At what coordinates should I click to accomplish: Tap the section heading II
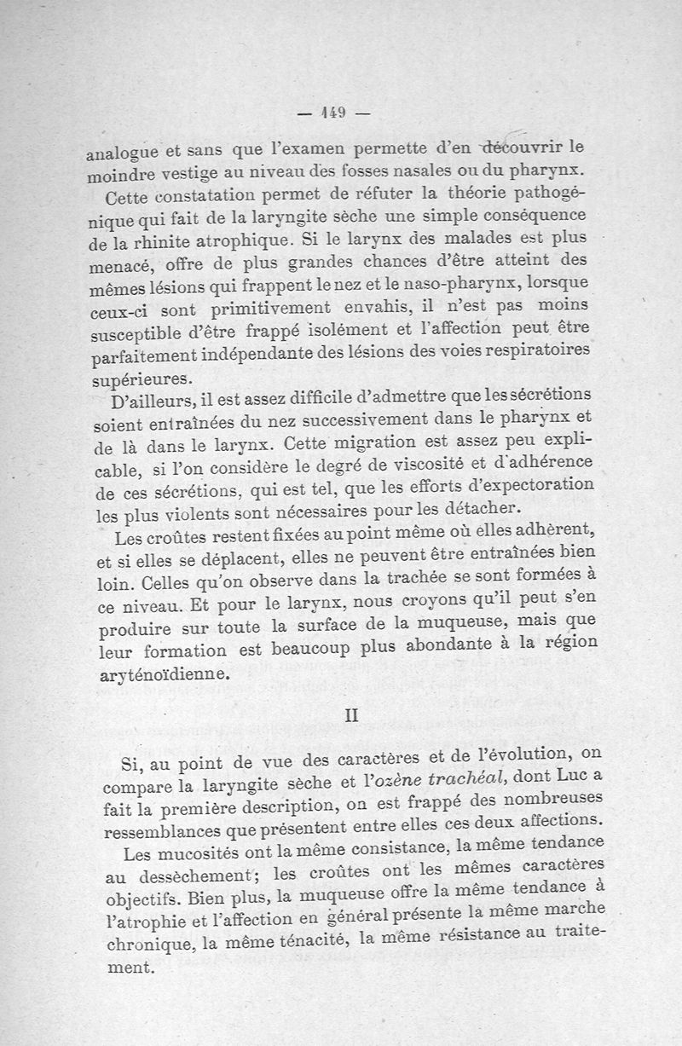352,715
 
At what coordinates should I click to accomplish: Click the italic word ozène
384,777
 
